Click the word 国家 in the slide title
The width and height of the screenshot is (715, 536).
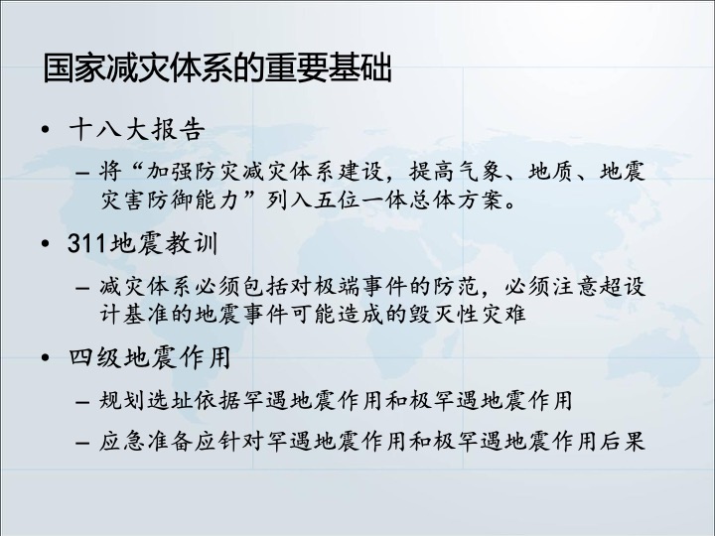[74, 68]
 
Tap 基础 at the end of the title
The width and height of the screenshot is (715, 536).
[359, 68]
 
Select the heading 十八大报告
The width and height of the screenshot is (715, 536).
[136, 130]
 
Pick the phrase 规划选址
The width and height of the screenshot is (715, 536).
[146, 401]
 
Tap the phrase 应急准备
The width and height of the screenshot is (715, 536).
[146, 441]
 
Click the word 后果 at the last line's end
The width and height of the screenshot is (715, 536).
[622, 441]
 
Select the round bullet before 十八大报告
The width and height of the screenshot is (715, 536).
[45, 130]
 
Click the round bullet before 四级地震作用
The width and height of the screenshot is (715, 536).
[45, 357]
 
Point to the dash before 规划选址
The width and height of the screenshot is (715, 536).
[82, 402]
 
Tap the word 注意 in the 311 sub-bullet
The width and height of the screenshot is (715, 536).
[574, 287]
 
